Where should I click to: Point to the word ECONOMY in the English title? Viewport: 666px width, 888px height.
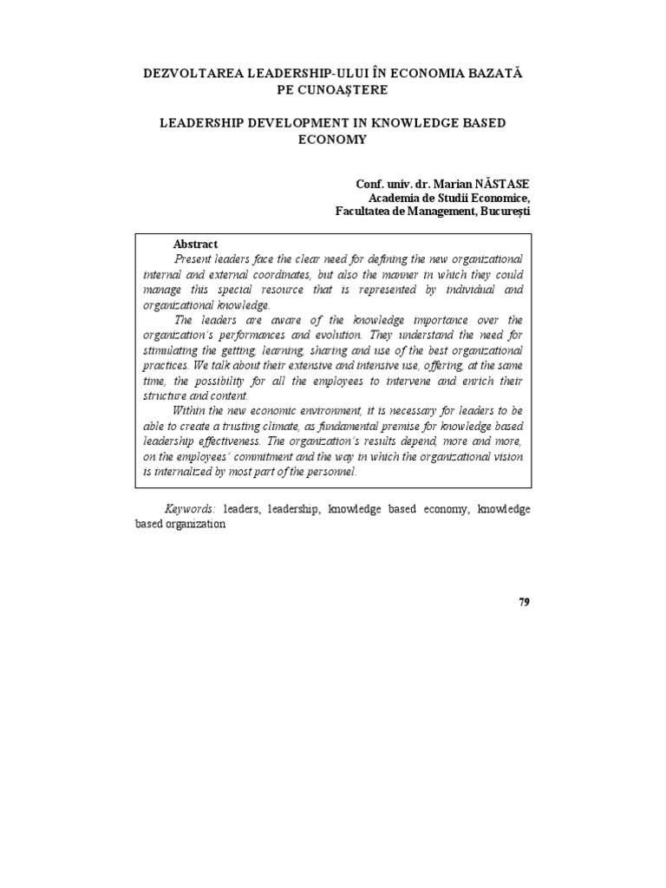[x=332, y=139]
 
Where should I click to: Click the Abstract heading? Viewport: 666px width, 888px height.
[x=195, y=245]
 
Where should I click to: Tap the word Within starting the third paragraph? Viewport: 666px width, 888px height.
[x=191, y=410]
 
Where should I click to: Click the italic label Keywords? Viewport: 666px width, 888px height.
[x=191, y=509]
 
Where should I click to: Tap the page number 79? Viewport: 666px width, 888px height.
[x=524, y=603]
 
